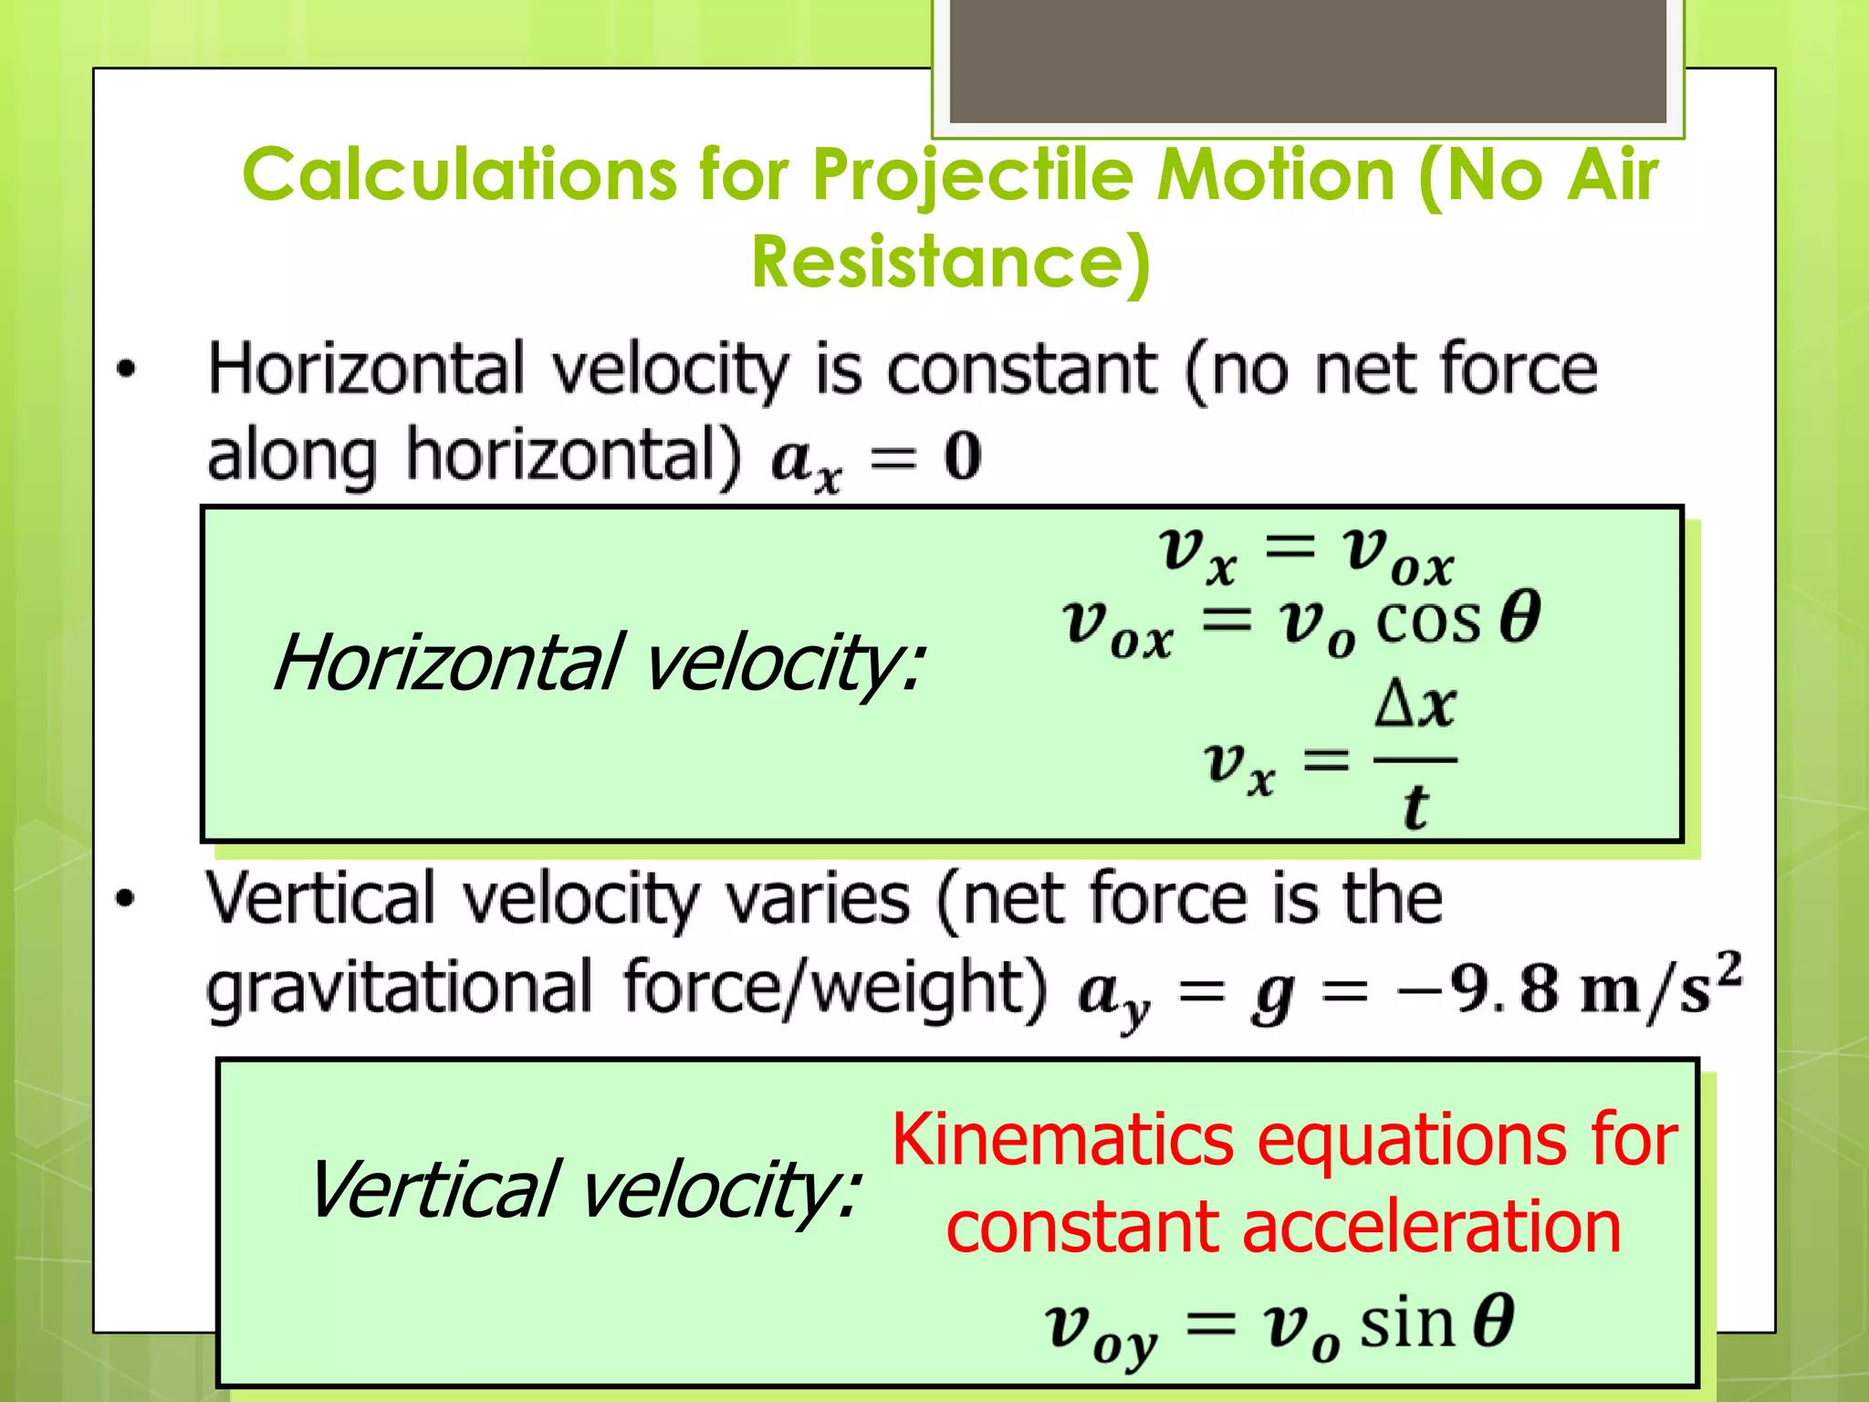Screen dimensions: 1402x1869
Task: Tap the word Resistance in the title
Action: pos(949,262)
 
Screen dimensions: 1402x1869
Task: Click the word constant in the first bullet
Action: pos(1021,370)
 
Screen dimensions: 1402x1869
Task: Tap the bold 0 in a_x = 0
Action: pos(962,455)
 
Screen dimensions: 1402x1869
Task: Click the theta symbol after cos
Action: pos(1520,618)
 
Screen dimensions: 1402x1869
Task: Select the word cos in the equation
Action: pos(1427,622)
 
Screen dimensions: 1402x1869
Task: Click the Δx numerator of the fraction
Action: pos(1415,706)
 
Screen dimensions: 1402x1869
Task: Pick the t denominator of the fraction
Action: pos(1415,807)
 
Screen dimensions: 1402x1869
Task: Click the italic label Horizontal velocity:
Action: pos(598,663)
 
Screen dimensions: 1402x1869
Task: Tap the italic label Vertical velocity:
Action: pos(584,1190)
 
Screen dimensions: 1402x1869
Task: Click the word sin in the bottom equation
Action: pos(1406,1324)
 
